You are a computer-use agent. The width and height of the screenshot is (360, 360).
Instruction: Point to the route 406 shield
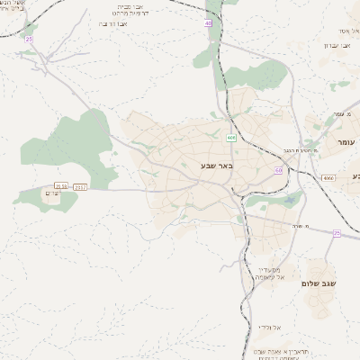tap(231, 137)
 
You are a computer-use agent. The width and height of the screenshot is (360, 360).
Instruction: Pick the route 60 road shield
tap(279, 169)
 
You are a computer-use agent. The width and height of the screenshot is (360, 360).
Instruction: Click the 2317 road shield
tap(82, 186)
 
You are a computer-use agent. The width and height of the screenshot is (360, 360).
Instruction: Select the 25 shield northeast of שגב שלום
tap(337, 232)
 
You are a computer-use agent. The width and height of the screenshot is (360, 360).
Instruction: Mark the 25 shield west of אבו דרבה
tap(30, 40)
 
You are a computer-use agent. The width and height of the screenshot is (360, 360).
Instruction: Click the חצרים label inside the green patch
tap(52, 193)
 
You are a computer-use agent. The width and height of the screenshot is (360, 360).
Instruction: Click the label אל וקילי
tap(270, 327)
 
